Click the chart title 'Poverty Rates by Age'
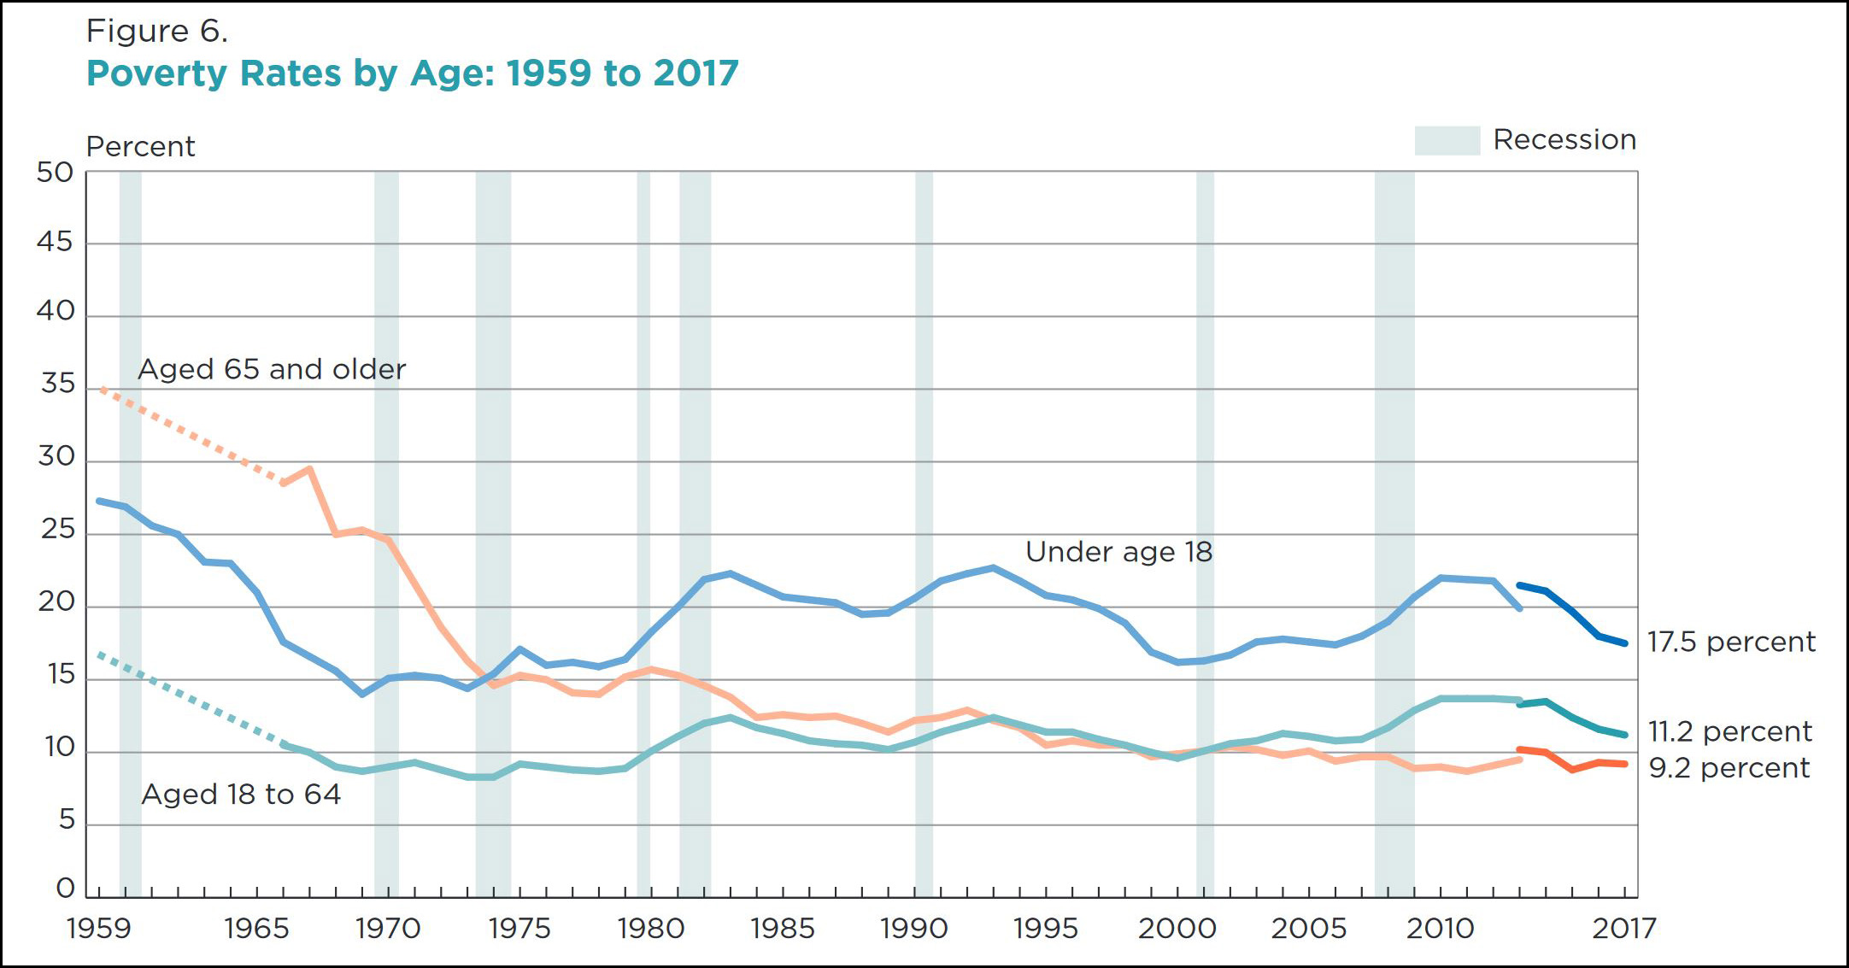(x=412, y=73)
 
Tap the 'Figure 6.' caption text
(x=157, y=32)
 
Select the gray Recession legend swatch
(x=1447, y=140)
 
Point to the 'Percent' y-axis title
(x=141, y=147)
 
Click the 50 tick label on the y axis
(x=56, y=173)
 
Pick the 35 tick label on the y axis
(x=58, y=384)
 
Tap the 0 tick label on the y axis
(x=66, y=889)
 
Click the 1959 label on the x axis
(x=99, y=929)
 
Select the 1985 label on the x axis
(x=783, y=929)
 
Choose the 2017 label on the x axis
(x=1624, y=929)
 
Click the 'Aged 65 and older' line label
(x=272, y=369)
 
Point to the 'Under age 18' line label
(x=1118, y=552)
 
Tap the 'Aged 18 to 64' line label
(x=241, y=795)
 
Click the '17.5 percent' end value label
(x=1731, y=642)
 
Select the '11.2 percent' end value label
(x=1729, y=732)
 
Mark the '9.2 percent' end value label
(x=1729, y=768)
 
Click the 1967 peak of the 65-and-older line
(x=309, y=468)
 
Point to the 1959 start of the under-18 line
(x=100, y=501)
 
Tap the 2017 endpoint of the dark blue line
(x=1624, y=643)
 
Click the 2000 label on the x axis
(x=1177, y=929)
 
